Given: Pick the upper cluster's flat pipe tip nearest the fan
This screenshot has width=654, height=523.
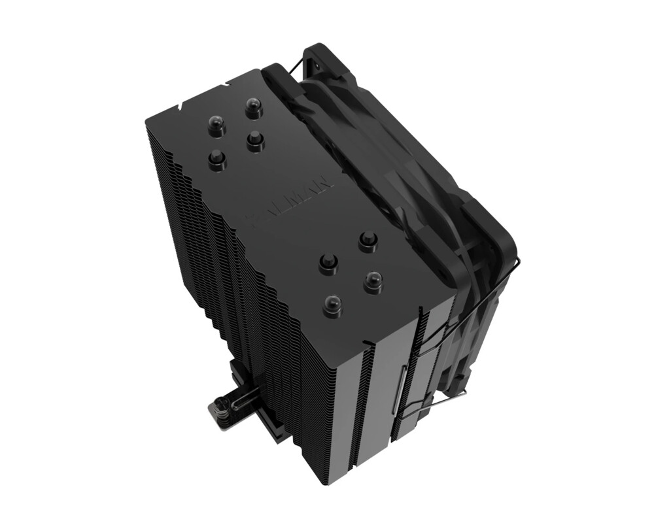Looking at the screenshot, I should [256, 141].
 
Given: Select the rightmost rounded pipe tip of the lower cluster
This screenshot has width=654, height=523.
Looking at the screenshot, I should [373, 282].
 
